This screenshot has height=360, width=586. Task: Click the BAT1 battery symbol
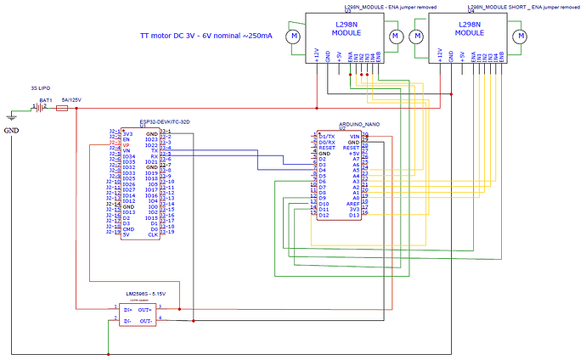pos(39,108)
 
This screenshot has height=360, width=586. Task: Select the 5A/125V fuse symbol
pos(61,109)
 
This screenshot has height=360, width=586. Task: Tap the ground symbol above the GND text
pos(11,118)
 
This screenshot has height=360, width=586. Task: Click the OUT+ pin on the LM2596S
pos(145,309)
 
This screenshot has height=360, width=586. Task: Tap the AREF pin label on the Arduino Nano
pos(352,204)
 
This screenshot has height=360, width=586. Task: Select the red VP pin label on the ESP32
pos(126,145)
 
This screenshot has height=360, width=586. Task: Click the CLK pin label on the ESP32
pos(152,233)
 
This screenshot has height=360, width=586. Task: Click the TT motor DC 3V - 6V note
pos(206,37)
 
